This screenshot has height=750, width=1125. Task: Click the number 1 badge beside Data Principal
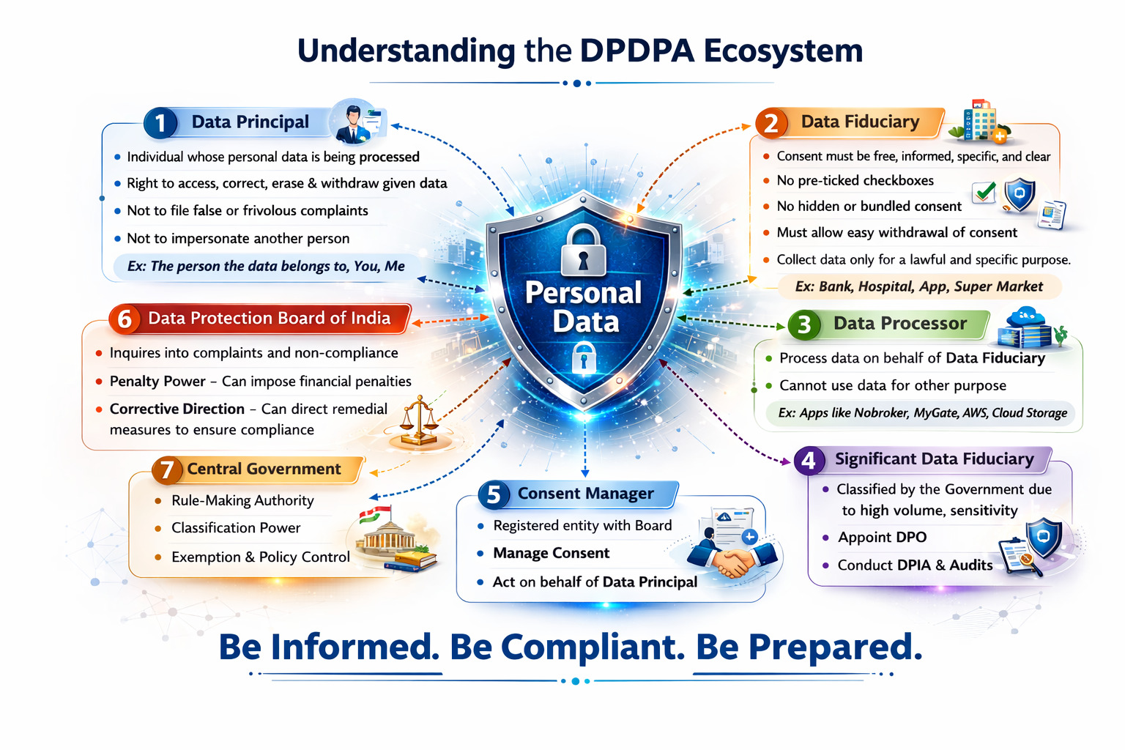pos(160,123)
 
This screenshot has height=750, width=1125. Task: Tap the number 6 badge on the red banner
pos(125,319)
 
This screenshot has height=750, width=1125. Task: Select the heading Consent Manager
pos(586,494)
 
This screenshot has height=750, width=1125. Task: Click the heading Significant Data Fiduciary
pos(934,458)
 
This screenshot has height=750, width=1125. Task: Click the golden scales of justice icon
pos(419,421)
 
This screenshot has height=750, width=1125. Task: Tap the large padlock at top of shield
pos(583,250)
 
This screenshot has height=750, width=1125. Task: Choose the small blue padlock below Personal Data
pos(584,357)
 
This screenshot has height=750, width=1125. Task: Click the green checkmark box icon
pos(984,191)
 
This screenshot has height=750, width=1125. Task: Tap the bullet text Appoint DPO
pos(882,537)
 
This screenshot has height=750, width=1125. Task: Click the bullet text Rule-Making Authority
pos(242,500)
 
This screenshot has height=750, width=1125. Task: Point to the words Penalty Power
pos(157,382)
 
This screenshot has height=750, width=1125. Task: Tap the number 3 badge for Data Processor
pos(803,324)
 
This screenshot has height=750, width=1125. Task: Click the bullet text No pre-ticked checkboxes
pos(855,180)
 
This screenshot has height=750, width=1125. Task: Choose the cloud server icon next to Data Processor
pos(1027,328)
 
